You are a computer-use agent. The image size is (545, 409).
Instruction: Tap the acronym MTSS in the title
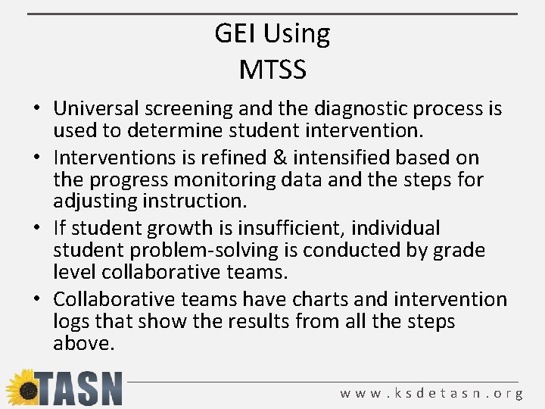click(272, 70)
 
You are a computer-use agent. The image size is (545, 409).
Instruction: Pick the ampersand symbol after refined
click(277, 158)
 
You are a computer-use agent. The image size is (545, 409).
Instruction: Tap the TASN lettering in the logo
click(79, 389)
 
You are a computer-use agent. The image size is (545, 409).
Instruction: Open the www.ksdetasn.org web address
click(431, 394)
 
